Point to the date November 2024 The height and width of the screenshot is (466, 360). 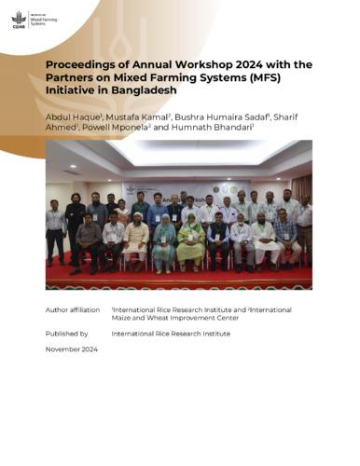pos(71,349)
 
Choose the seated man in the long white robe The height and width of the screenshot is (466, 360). pos(137,240)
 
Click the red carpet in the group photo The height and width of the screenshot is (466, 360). pos(177,278)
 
